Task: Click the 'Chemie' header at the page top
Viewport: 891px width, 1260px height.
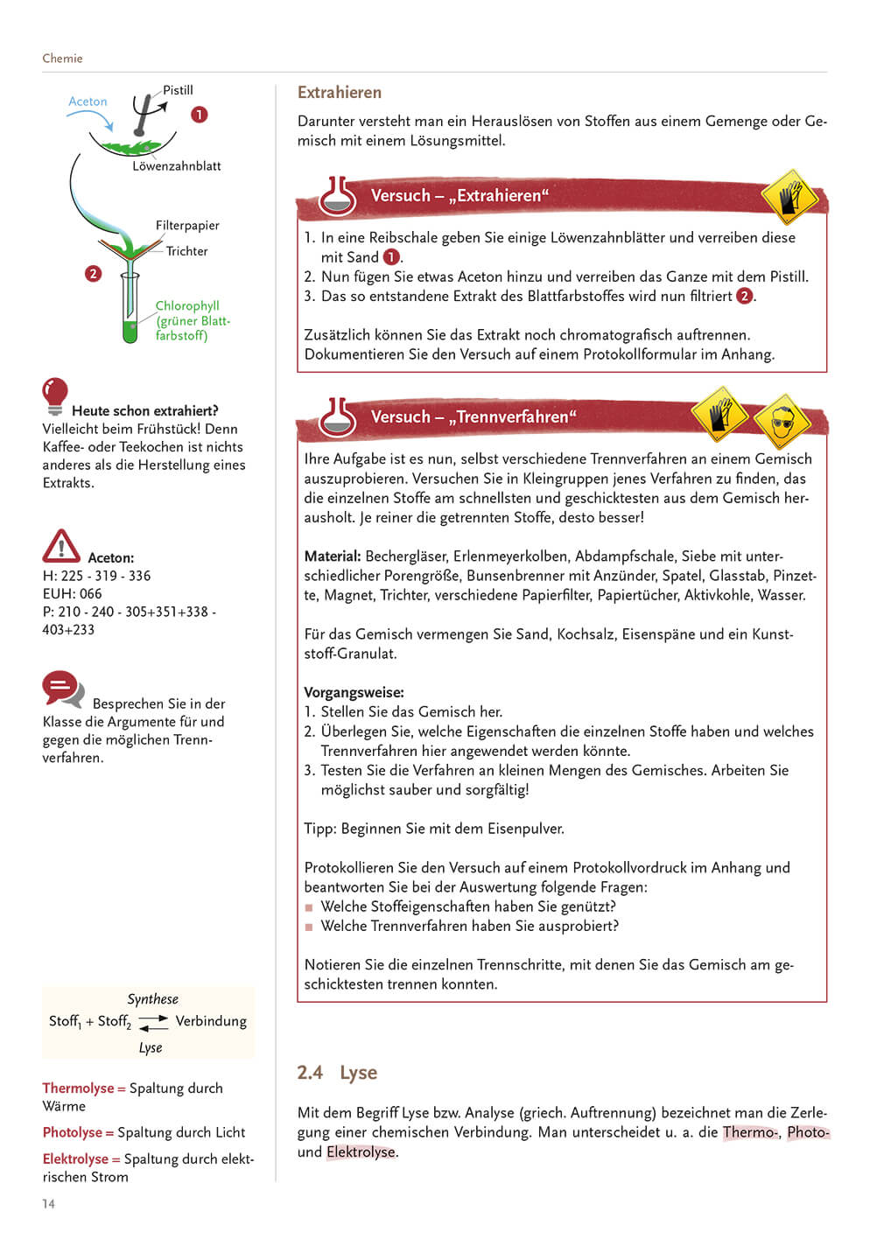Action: click(x=62, y=59)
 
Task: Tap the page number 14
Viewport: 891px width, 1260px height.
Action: click(x=48, y=1204)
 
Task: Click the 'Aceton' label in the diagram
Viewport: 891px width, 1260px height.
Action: click(x=88, y=101)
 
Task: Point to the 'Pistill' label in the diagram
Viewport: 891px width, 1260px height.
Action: click(x=178, y=90)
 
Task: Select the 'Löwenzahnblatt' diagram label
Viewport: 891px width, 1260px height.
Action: click(x=176, y=166)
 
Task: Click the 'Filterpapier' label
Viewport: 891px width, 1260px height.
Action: click(x=187, y=226)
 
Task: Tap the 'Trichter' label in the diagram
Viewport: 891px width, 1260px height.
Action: click(x=187, y=251)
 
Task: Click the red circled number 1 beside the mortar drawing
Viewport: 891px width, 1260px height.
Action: click(x=200, y=115)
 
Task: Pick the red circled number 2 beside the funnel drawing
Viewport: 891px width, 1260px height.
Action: click(x=94, y=274)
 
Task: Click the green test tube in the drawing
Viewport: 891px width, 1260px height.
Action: click(x=130, y=311)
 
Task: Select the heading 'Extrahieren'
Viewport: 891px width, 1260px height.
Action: click(x=340, y=93)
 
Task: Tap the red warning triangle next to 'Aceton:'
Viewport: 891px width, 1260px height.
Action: click(x=61, y=546)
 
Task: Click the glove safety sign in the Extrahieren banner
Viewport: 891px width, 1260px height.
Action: click(x=789, y=197)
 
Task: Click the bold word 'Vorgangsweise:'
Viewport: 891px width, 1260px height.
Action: click(x=354, y=692)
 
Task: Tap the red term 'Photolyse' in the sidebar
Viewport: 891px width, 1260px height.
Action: click(x=73, y=1132)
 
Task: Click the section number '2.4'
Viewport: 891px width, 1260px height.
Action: click(x=310, y=1073)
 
